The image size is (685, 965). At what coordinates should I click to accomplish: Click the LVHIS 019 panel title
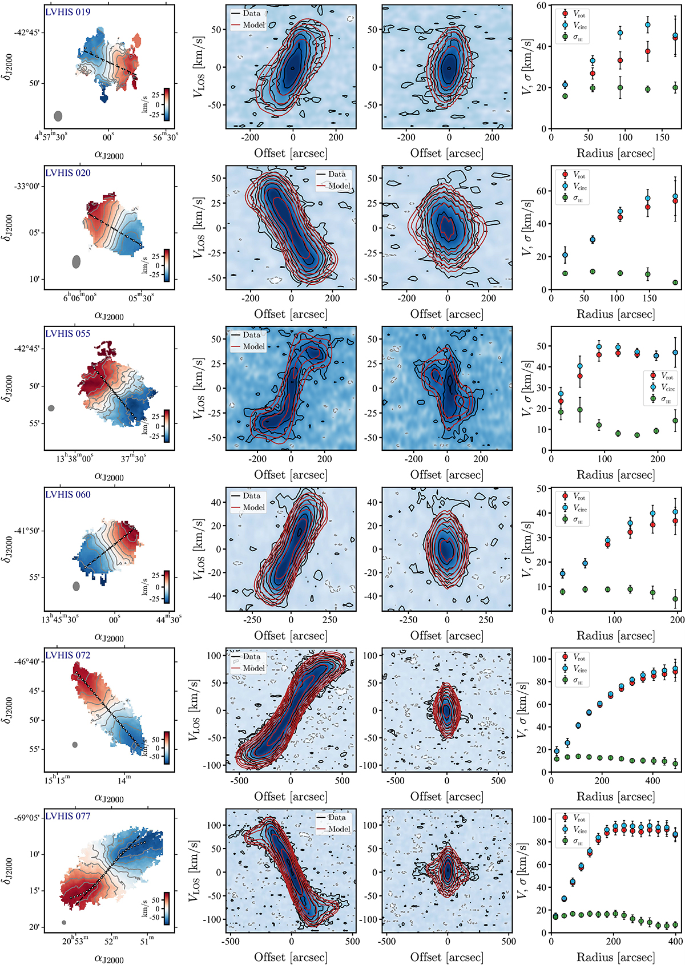coord(68,12)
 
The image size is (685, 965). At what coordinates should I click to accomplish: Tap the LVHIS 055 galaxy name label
coord(68,334)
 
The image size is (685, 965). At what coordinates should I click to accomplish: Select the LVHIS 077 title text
coord(68,817)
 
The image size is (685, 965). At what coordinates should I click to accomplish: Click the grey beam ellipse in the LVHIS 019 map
coord(58,116)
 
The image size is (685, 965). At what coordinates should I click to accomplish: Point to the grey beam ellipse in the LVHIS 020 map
coord(76,261)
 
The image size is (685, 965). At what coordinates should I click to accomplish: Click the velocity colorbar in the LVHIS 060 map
coord(166,587)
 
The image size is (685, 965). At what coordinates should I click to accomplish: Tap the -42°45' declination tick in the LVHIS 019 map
coord(27,33)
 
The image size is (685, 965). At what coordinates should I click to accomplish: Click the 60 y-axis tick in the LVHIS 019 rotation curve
coord(541,5)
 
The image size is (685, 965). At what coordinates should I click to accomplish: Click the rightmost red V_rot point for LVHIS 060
coord(675,521)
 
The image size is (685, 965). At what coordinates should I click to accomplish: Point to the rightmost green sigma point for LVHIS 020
coord(675,282)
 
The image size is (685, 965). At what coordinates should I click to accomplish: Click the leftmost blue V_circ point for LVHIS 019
coord(565,85)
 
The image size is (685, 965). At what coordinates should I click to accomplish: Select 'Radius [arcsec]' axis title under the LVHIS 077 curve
coord(615,957)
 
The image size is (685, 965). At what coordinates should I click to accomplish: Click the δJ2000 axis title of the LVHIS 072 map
coord(7,710)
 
